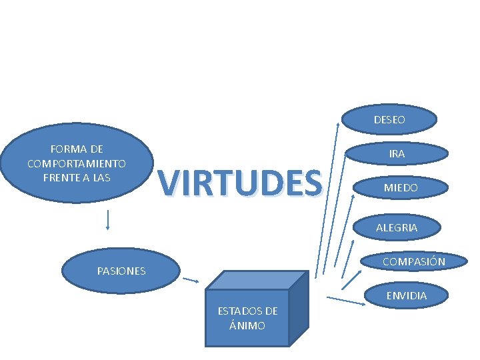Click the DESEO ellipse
click(389, 120)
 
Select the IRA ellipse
click(397, 153)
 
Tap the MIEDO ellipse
click(400, 188)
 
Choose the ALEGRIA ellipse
click(397, 227)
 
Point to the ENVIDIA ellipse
click(406, 295)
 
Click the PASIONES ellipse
click(121, 271)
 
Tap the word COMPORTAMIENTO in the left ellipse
click(77, 163)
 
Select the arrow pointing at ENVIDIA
click(347, 301)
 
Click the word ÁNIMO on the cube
click(247, 325)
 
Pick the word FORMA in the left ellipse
click(64, 149)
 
